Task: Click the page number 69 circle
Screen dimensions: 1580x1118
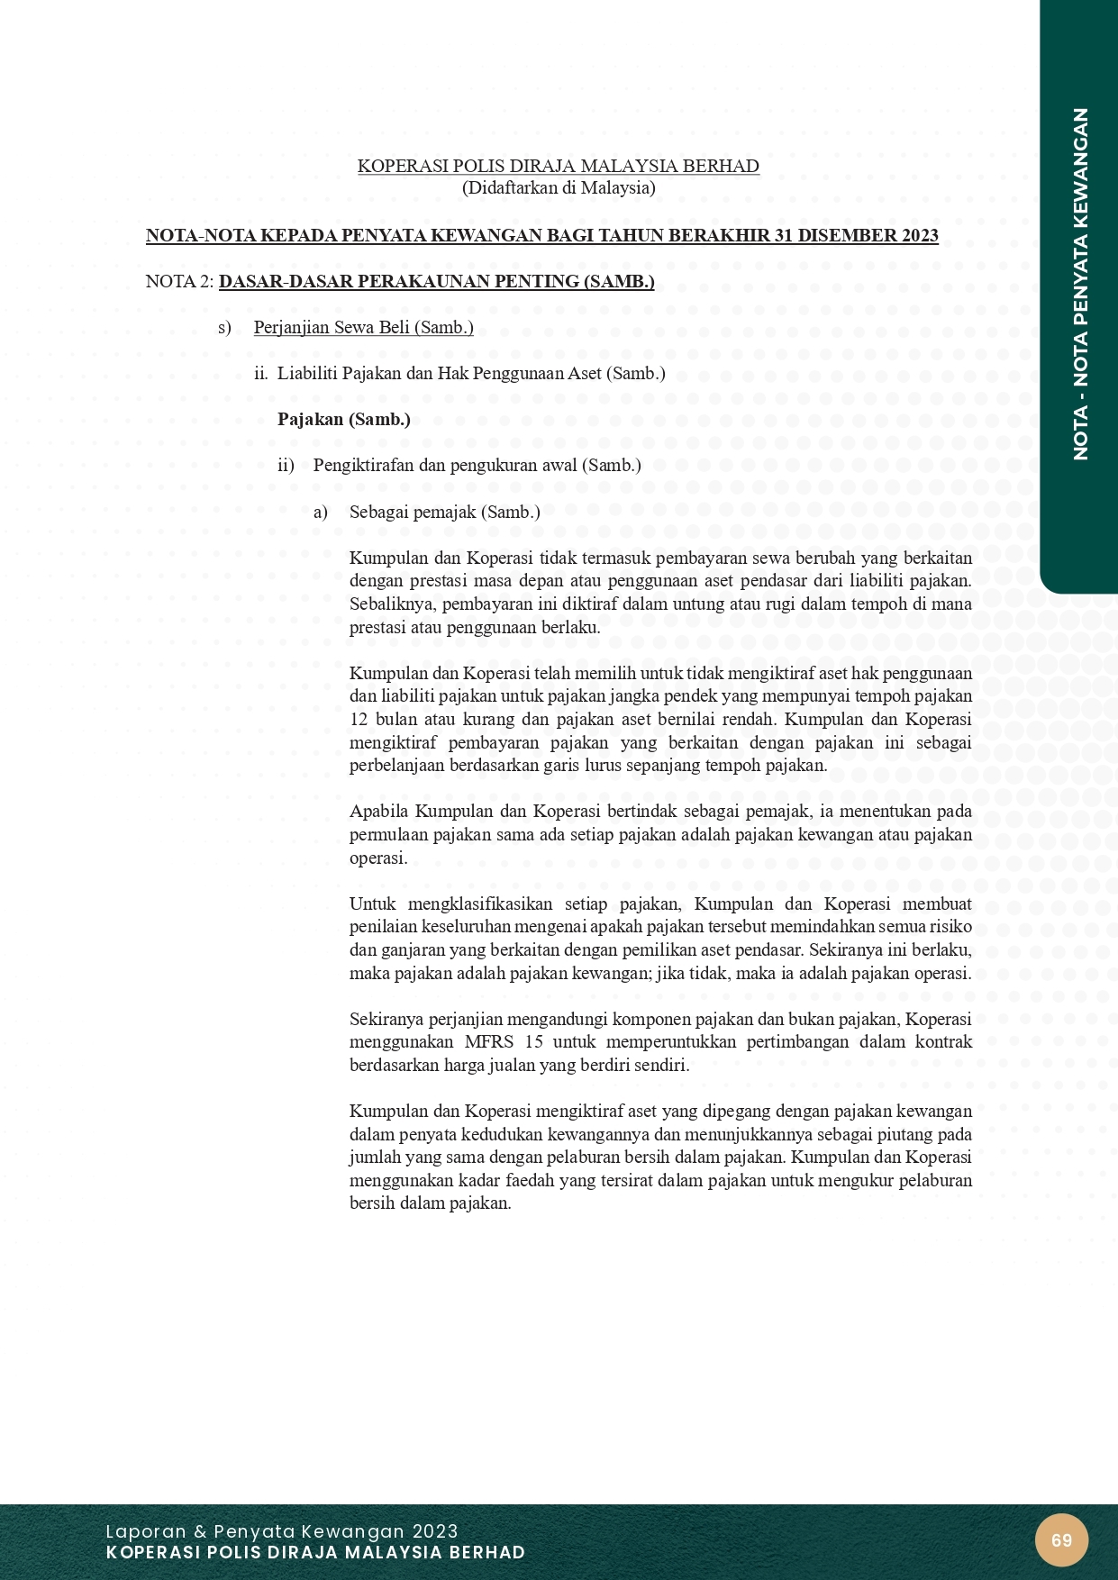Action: point(1061,1539)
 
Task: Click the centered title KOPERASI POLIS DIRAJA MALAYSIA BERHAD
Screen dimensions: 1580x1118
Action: point(559,166)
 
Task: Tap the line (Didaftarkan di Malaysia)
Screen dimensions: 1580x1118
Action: point(559,187)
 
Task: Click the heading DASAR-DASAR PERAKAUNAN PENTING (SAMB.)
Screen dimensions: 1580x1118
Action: point(436,282)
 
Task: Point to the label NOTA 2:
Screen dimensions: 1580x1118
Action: point(179,282)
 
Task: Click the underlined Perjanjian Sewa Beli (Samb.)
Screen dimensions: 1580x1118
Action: point(363,327)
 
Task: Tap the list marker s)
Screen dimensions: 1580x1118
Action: point(224,327)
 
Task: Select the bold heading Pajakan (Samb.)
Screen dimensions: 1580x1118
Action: point(343,419)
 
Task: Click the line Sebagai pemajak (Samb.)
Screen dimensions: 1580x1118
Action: point(444,512)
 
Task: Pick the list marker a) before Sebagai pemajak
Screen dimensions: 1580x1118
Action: point(321,512)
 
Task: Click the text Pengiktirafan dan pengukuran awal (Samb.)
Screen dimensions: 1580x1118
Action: point(477,465)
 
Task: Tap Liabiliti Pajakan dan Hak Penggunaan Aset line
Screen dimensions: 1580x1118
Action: point(470,373)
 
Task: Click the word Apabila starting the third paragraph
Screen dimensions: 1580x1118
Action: point(378,811)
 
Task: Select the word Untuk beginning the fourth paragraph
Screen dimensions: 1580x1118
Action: point(372,904)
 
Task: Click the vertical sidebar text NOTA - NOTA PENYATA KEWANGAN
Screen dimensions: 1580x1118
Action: point(1080,284)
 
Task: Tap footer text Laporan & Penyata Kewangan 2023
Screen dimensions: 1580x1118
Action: point(282,1531)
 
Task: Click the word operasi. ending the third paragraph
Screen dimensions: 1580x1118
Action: point(378,858)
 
